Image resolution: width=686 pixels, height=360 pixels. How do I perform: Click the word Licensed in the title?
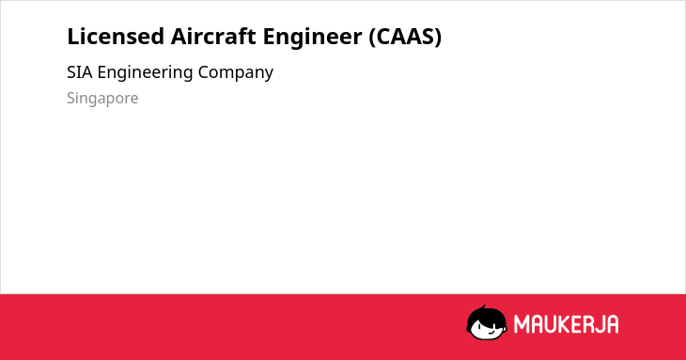(116, 37)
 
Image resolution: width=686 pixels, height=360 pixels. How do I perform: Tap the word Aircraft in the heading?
(213, 37)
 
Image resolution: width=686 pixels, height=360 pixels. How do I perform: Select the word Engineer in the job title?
(312, 38)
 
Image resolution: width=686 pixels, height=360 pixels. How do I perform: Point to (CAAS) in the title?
(405, 37)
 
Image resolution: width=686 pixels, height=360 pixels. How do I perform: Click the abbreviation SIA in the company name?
(80, 72)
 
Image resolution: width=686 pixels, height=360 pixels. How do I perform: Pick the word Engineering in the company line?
(145, 73)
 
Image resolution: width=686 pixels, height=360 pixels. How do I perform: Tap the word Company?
(235, 73)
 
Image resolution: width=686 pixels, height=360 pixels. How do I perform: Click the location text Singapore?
(102, 99)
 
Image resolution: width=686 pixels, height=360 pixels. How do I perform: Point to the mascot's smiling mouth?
(490, 333)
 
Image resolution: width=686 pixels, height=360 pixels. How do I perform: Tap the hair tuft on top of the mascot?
(483, 307)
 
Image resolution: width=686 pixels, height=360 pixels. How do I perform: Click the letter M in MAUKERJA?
(521, 324)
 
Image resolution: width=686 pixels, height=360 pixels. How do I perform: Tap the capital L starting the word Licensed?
(73, 37)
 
